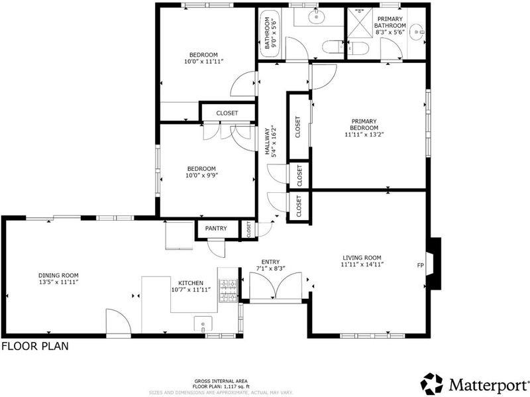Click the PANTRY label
216,229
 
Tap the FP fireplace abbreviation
420,266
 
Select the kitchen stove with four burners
229,291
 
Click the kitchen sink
203,323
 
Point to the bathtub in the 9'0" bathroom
270,32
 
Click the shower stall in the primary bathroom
360,23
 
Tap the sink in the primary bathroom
417,32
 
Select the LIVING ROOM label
362,258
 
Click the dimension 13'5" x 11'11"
58,282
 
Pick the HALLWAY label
267,141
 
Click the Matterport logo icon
432,384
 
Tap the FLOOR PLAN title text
35,346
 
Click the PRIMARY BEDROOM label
364,125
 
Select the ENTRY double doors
276,286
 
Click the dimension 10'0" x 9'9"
201,176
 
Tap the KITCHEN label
191,283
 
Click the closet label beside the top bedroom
227,113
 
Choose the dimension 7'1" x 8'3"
271,268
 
